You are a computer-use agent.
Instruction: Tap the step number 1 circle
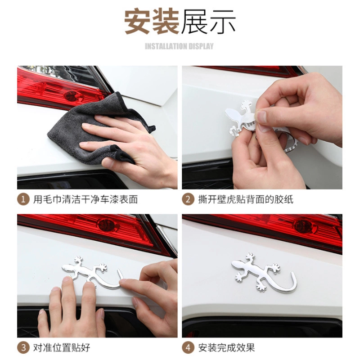pos(23,199)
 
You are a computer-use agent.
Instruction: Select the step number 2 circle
pos(188,199)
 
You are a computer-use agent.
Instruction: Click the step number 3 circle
pos(23,347)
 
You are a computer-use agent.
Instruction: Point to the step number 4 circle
pos(188,347)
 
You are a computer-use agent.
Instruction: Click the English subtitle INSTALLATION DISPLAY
pos(179,46)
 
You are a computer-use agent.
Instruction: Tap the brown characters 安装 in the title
pos(152,21)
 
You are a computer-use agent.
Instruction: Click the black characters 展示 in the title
pos(208,21)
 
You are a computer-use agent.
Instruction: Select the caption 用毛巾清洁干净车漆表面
pos(85,199)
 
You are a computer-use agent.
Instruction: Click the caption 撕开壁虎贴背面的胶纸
pos(246,199)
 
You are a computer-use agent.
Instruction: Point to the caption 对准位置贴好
pos(62,347)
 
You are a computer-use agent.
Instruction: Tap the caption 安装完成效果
pos(227,347)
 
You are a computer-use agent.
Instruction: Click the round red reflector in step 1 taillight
pos(71,95)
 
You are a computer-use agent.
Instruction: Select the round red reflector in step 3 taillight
pos(106,225)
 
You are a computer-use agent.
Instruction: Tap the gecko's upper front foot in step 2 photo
pos(246,105)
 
